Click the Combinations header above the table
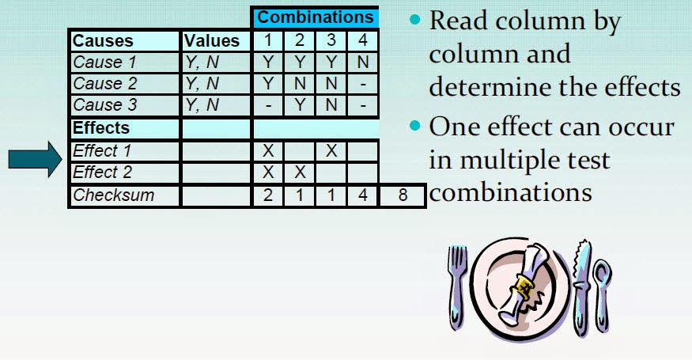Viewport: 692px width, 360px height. (x=316, y=17)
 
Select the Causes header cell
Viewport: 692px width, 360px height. (x=103, y=41)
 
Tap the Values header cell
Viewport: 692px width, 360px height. (x=211, y=41)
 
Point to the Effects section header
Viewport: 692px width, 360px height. (x=101, y=127)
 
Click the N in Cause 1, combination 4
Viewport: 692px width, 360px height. (x=362, y=63)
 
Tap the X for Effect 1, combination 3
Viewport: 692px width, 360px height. (x=331, y=150)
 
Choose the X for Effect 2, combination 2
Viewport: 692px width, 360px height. (x=300, y=172)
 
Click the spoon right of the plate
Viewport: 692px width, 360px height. (x=602, y=293)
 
